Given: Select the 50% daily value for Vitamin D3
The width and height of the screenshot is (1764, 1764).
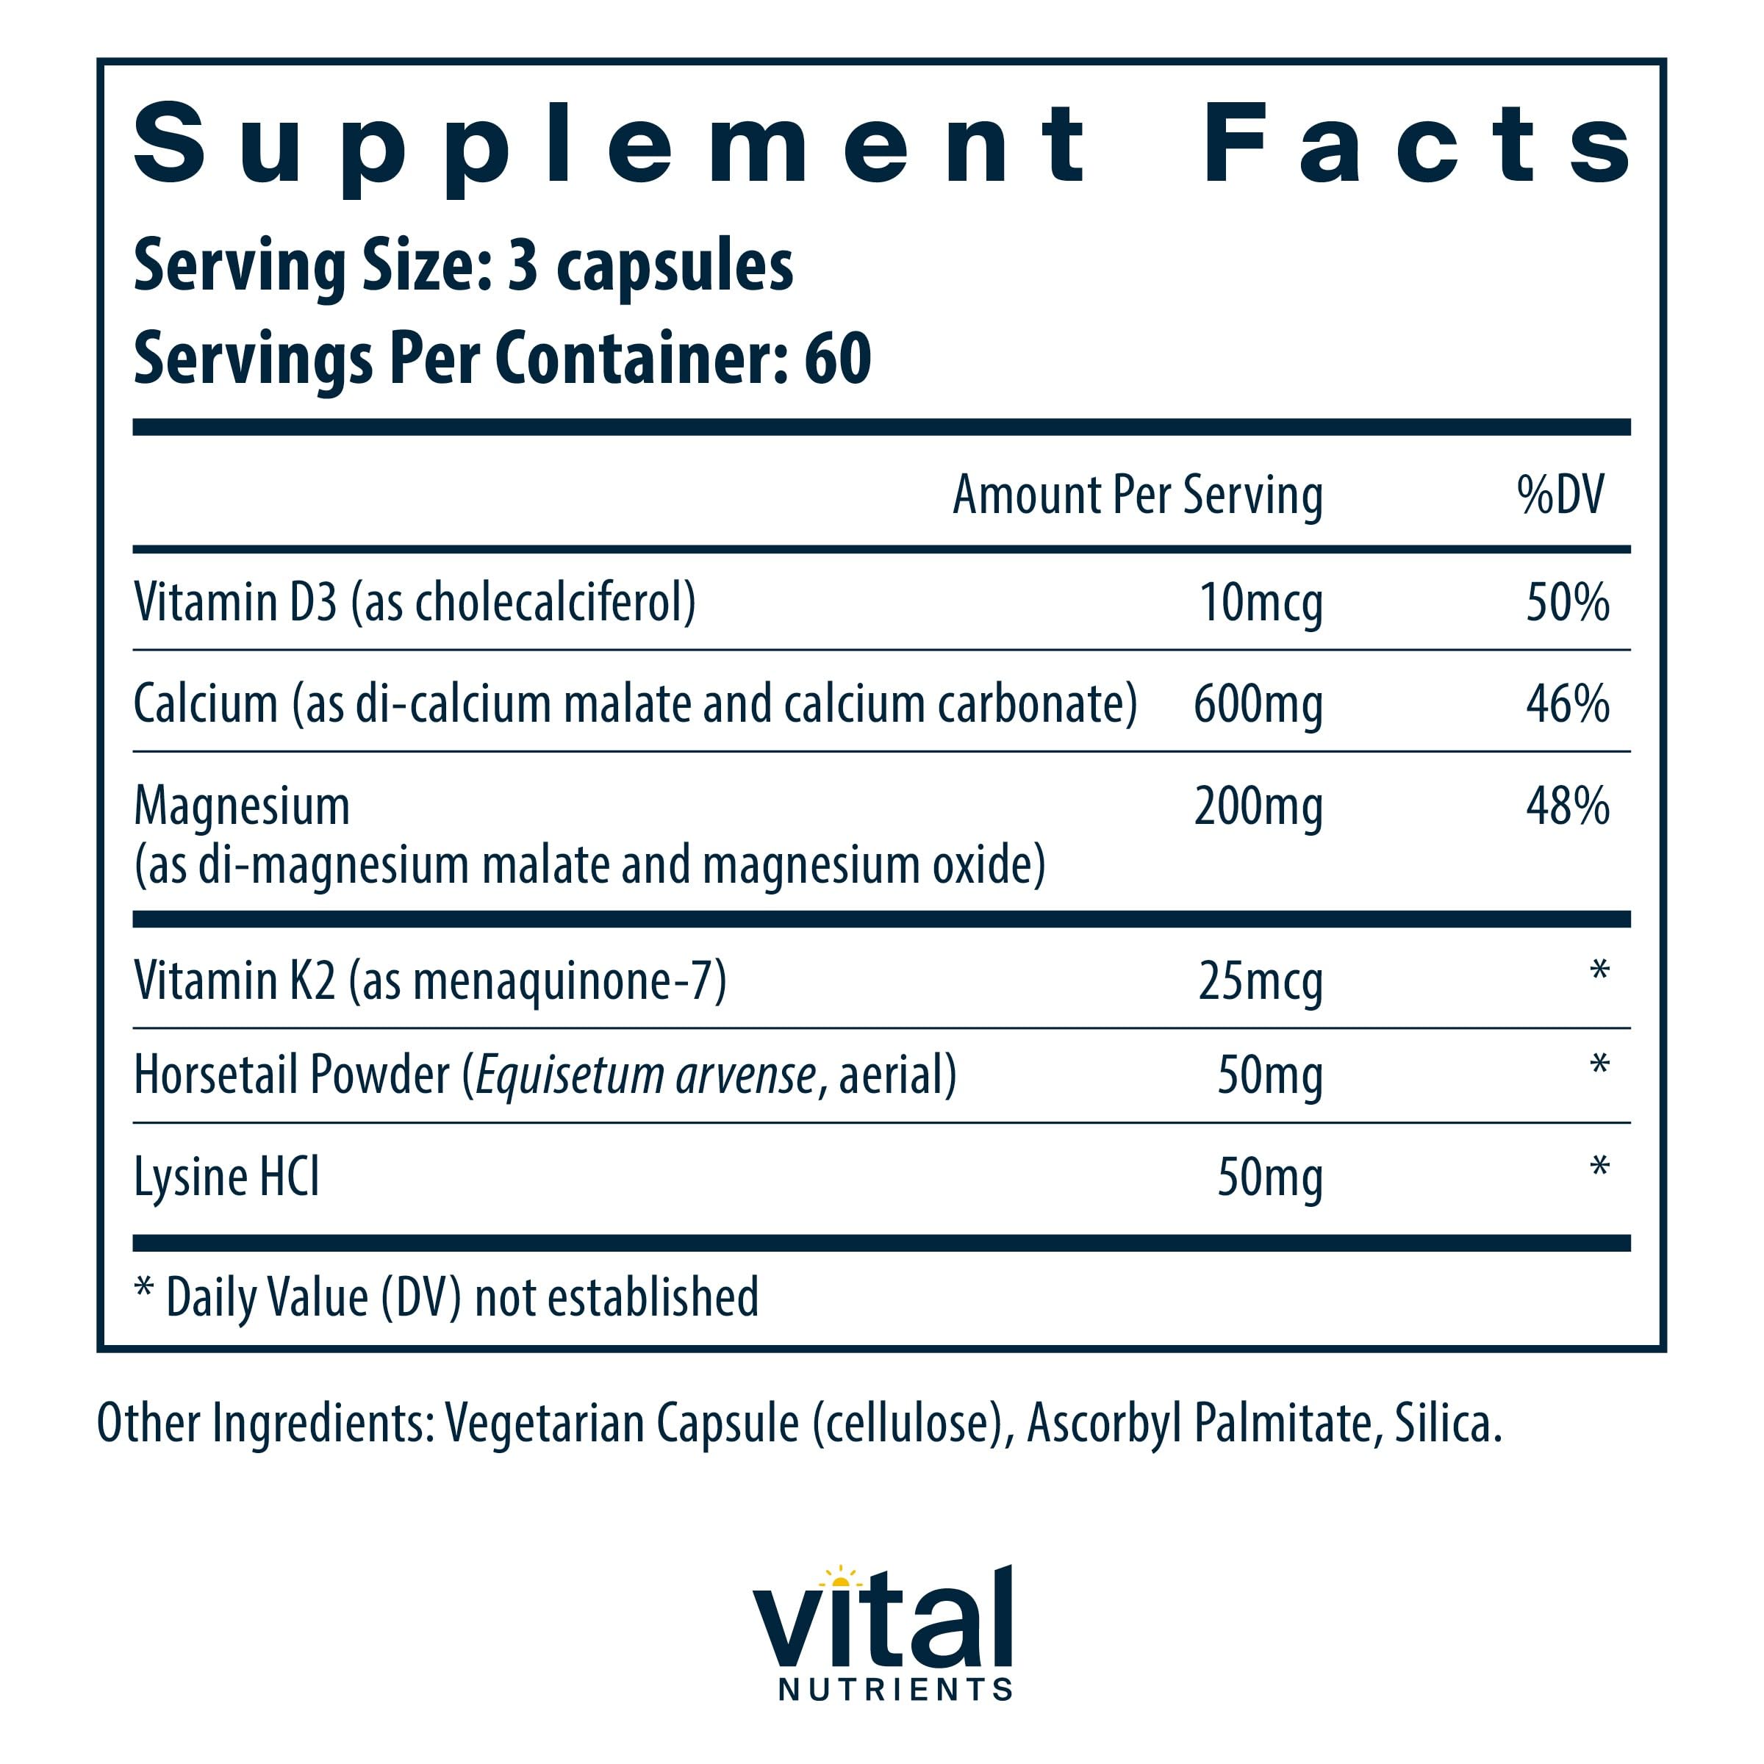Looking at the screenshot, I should pyautogui.click(x=1567, y=603).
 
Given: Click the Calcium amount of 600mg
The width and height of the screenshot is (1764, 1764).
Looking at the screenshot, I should pyautogui.click(x=1258, y=705).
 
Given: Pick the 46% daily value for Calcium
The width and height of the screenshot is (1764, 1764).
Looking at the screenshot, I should pyautogui.click(x=1567, y=704).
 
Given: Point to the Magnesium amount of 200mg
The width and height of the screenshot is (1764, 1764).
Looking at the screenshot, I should pyautogui.click(x=1258, y=807).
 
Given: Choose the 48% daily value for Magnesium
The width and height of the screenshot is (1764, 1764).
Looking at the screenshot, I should pyautogui.click(x=1567, y=806).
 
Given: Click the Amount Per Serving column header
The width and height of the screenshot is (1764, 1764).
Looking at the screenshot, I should pyautogui.click(x=1137, y=496).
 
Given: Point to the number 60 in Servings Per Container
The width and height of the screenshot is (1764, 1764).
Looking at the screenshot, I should pyautogui.click(x=837, y=359).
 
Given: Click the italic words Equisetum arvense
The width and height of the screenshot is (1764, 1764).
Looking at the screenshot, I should pyautogui.click(x=645, y=1075).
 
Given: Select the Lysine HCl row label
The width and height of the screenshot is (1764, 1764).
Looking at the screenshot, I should pyautogui.click(x=226, y=1177).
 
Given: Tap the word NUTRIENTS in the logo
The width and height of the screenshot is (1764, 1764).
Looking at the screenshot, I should pyautogui.click(x=894, y=1689).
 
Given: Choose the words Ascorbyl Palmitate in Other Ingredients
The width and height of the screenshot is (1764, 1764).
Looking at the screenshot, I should pyautogui.click(x=1199, y=1424).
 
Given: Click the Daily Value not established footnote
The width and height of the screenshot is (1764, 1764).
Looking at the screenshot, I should pyautogui.click(x=446, y=1297).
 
